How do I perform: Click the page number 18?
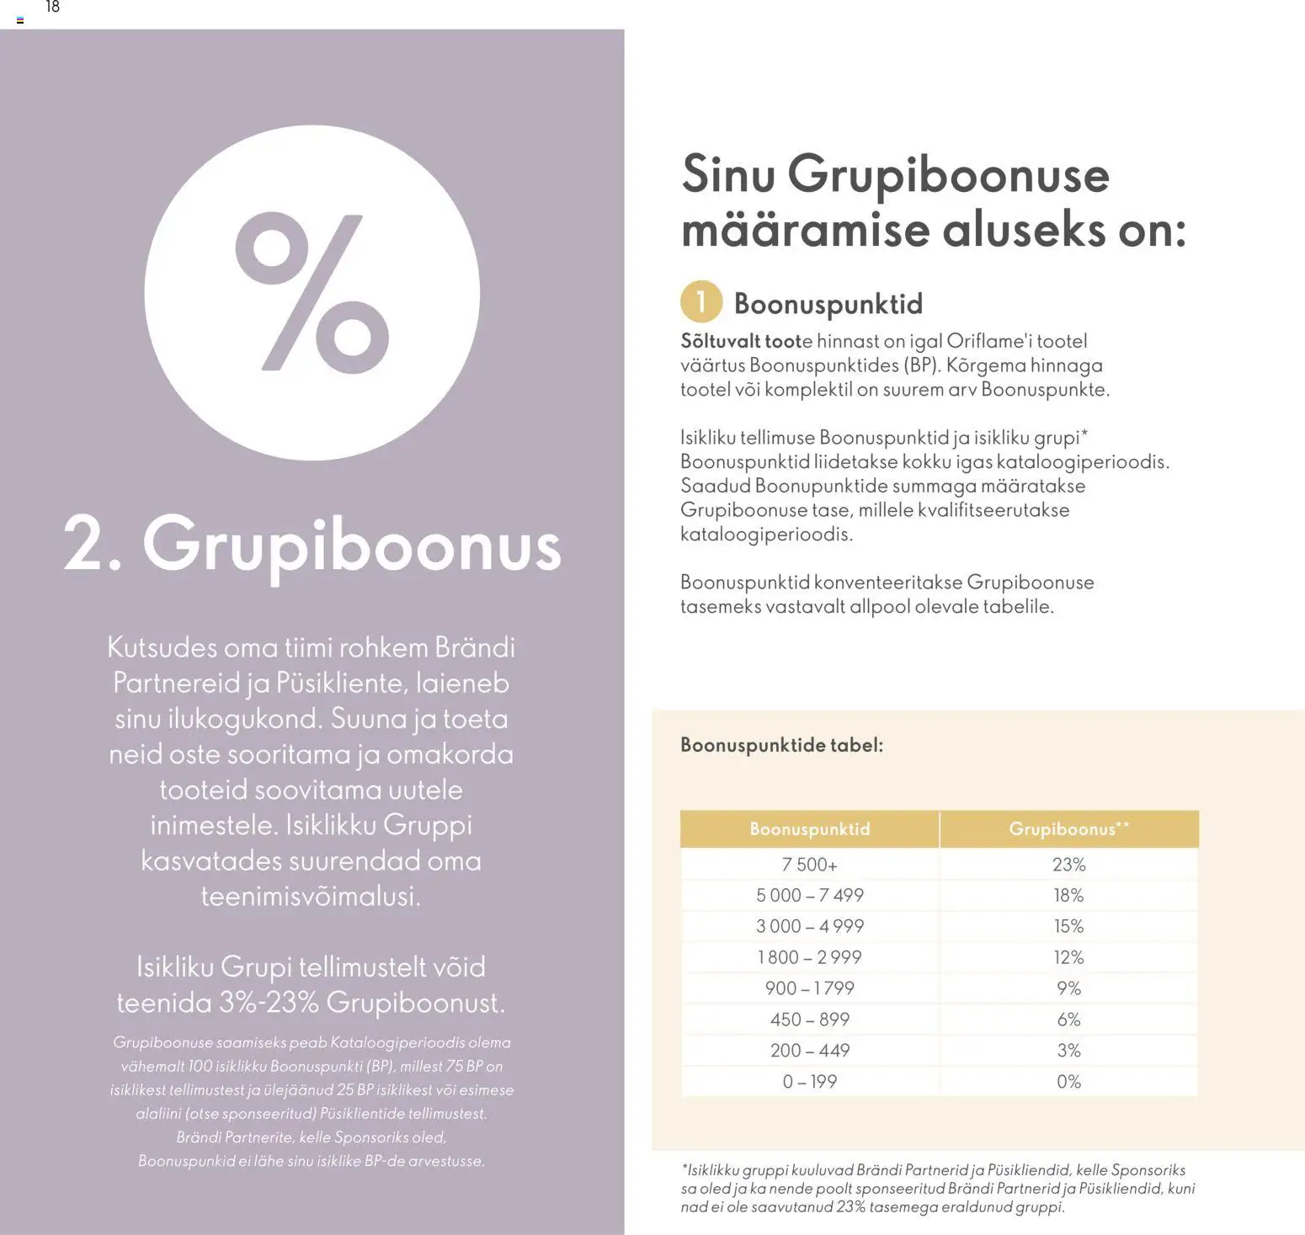pyautogui.click(x=52, y=8)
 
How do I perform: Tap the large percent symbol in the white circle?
pyautogui.click(x=312, y=292)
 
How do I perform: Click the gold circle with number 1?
pyautogui.click(x=700, y=302)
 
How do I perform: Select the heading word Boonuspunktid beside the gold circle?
pyautogui.click(x=828, y=304)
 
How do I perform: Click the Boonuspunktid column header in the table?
pyautogui.click(x=809, y=829)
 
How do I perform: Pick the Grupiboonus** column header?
pyautogui.click(x=1068, y=829)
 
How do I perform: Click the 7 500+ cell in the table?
pyautogui.click(x=809, y=865)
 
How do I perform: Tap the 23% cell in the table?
pyautogui.click(x=1068, y=865)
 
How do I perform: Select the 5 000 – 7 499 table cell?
pyautogui.click(x=809, y=896)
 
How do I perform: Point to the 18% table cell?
pyautogui.click(x=1068, y=896)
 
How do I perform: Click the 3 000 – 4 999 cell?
pyautogui.click(x=809, y=927)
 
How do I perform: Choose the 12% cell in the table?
pyautogui.click(x=1068, y=958)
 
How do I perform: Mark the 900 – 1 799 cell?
pyautogui.click(x=809, y=988)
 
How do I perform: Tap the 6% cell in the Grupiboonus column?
pyautogui.click(x=1068, y=1019)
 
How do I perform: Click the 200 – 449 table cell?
pyautogui.click(x=809, y=1051)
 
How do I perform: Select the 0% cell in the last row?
pyautogui.click(x=1068, y=1082)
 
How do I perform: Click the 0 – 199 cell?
pyautogui.click(x=809, y=1082)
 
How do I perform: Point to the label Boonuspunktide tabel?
pyautogui.click(x=781, y=745)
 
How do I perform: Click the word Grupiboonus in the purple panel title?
pyautogui.click(x=351, y=546)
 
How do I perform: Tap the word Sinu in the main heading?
pyautogui.click(x=727, y=174)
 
